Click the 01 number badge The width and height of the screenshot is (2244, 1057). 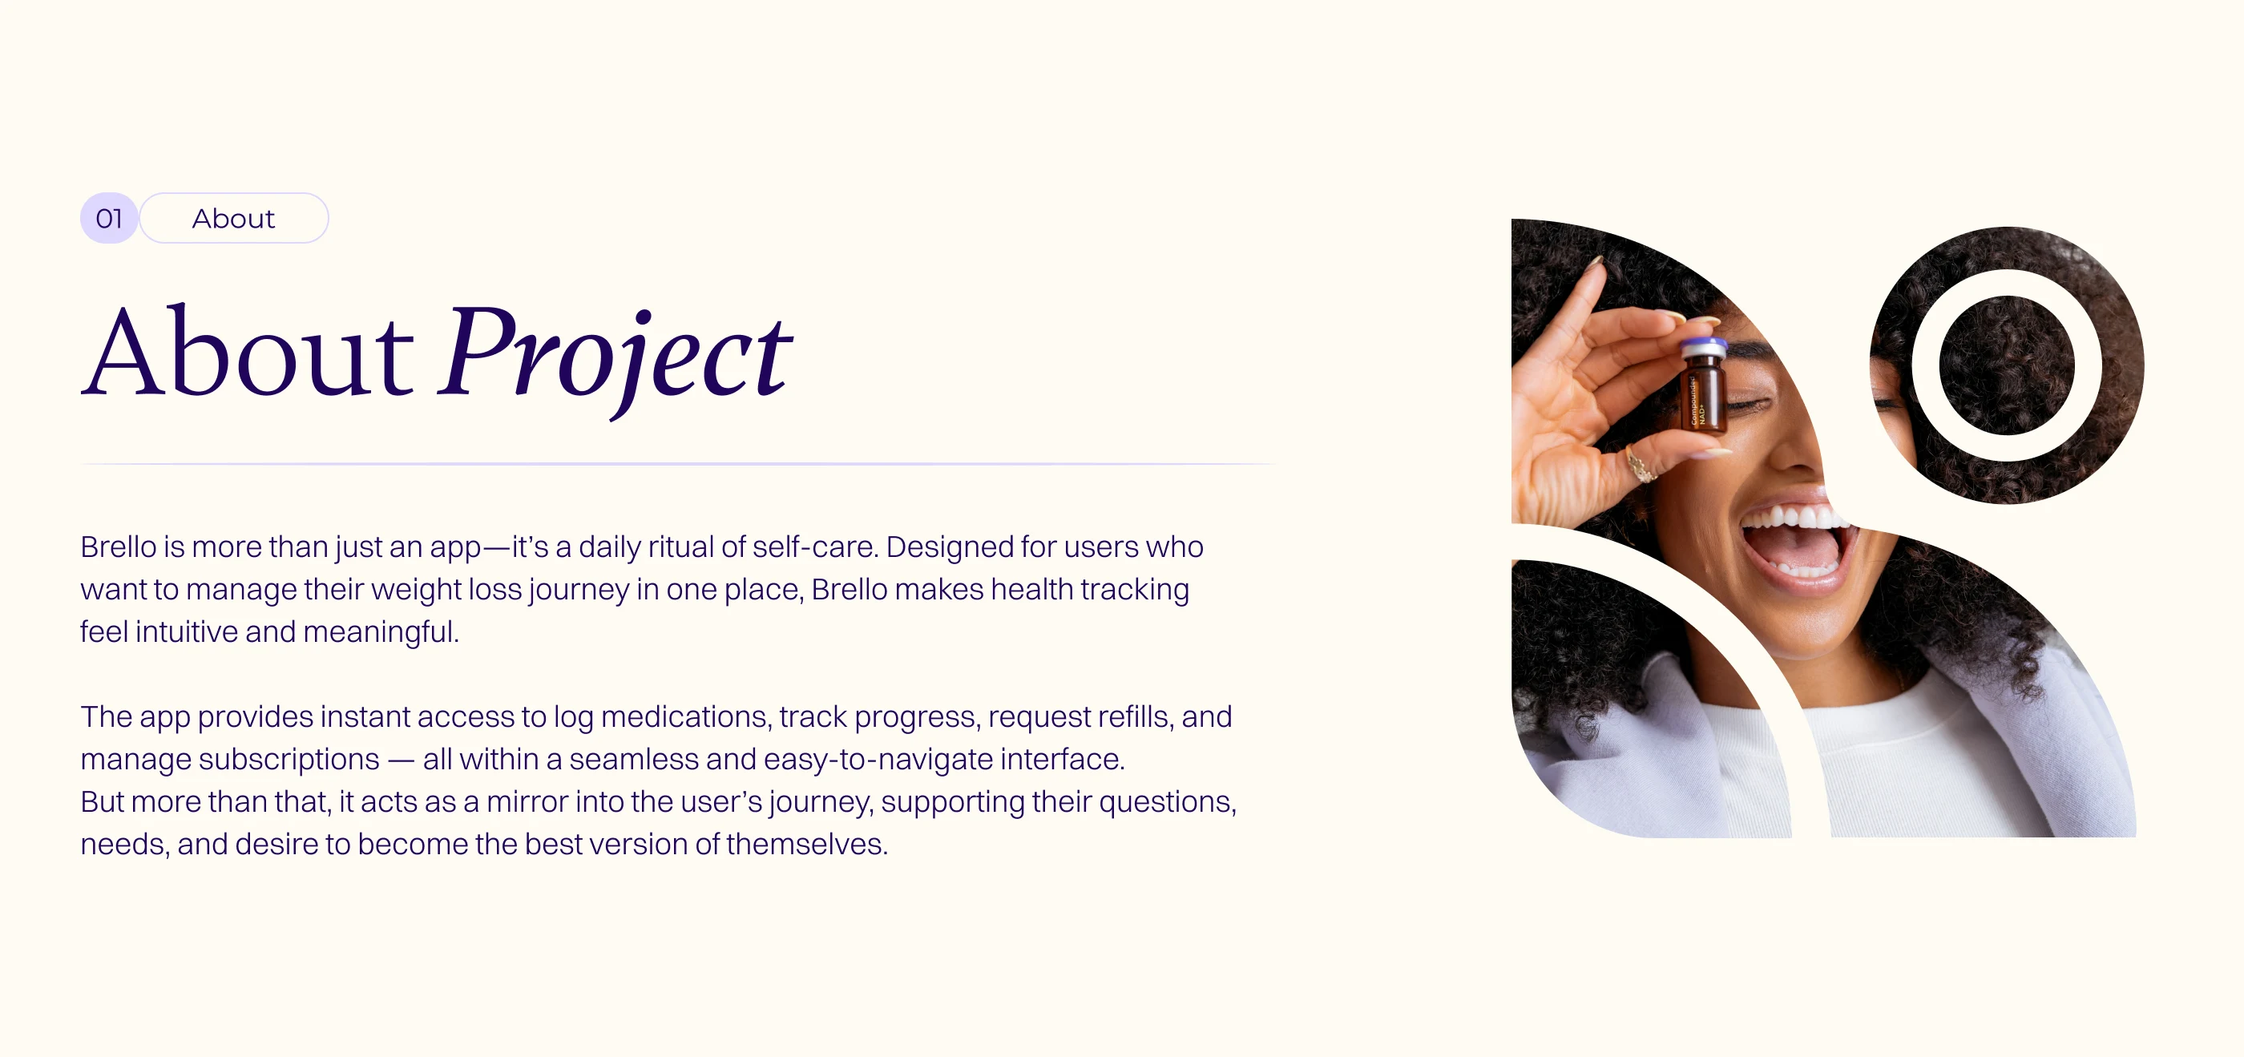[109, 218]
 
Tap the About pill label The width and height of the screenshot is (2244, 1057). [233, 218]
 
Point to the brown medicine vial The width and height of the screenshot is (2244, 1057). [1704, 387]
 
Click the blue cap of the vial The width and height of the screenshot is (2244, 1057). [1704, 349]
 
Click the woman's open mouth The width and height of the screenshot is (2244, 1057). [1794, 545]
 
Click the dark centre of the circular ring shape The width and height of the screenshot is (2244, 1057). [2006, 365]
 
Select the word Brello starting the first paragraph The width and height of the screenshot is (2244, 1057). [119, 547]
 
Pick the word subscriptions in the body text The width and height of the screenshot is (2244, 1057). [289, 760]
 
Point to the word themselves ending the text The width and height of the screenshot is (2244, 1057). [807, 845]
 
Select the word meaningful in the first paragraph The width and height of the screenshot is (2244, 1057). [381, 631]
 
